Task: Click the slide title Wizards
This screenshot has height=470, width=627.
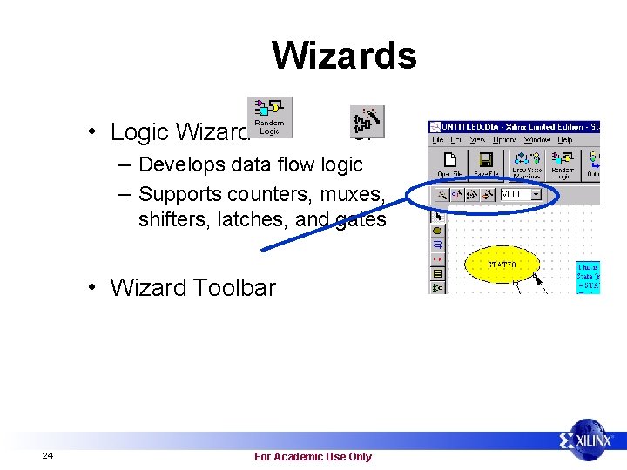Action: [344, 56]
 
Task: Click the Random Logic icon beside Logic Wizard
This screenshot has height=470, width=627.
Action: [269, 117]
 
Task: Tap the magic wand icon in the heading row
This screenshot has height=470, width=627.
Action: [367, 123]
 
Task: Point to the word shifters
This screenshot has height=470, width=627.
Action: [172, 219]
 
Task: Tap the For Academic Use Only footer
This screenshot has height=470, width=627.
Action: [313, 456]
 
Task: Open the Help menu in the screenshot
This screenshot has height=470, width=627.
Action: [565, 139]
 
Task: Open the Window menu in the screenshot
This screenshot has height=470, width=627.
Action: [536, 139]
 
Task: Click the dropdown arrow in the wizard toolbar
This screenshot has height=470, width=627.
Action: [536, 195]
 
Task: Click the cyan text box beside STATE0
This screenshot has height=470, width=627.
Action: [588, 278]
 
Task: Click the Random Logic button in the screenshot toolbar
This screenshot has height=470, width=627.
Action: [563, 164]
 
